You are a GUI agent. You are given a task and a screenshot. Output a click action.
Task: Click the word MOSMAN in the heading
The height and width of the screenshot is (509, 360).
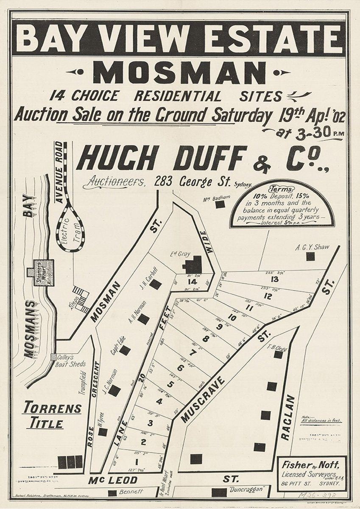point(180,73)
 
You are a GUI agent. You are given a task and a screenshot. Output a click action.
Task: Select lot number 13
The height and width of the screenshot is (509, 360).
point(275,279)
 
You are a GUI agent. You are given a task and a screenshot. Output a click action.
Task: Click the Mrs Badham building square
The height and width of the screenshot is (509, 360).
point(220,204)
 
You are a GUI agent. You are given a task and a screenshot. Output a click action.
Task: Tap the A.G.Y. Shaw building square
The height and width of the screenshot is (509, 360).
point(311,256)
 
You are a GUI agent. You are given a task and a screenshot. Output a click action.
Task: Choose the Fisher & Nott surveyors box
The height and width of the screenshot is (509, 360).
point(311,472)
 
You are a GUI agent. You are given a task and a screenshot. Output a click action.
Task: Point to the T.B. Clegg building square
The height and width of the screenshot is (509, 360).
point(278,354)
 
